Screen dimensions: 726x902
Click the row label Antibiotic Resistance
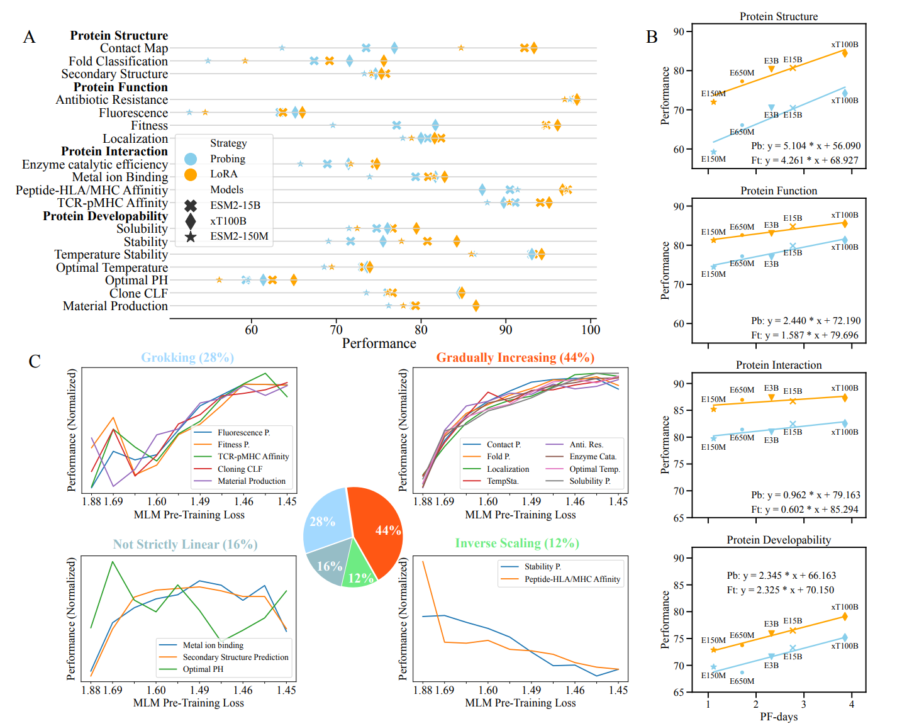click(x=112, y=99)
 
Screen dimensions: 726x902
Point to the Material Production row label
click(x=115, y=306)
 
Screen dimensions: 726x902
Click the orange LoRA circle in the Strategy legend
click(x=191, y=174)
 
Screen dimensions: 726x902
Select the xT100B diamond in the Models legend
click(x=191, y=221)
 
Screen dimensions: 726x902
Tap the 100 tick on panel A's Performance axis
click(x=590, y=330)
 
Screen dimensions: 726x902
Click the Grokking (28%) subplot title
click(x=187, y=357)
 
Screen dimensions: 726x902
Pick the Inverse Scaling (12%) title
click(x=517, y=543)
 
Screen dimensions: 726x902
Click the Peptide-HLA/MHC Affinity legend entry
click(x=572, y=579)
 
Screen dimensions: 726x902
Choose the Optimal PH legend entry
click(x=203, y=669)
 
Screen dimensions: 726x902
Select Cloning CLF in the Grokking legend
click(x=240, y=469)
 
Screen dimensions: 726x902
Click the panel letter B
click(x=652, y=37)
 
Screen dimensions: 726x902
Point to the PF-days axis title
click(x=778, y=717)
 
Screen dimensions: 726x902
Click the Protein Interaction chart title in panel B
click(x=779, y=365)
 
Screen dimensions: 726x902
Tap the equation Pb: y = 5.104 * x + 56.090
click(x=805, y=145)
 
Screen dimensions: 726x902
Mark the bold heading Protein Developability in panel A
click(x=105, y=216)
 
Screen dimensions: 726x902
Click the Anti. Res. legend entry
click(x=586, y=444)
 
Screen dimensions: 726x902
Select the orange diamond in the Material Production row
click(x=476, y=306)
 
